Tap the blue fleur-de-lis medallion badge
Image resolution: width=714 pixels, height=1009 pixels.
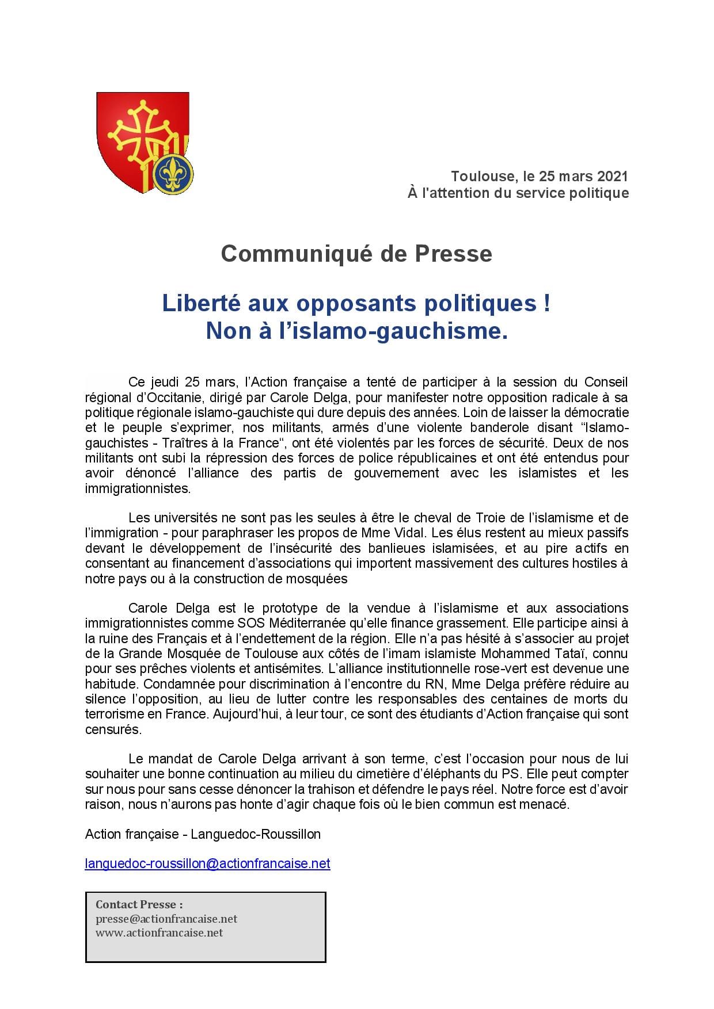[174, 173]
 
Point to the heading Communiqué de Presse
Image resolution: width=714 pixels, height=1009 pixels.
[356, 254]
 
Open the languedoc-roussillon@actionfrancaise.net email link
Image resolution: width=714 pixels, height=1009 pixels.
[207, 863]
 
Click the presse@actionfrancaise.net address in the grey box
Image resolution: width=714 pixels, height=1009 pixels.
[166, 919]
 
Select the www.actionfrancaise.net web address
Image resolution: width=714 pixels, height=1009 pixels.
[159, 932]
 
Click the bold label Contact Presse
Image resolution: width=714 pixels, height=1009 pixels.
[139, 904]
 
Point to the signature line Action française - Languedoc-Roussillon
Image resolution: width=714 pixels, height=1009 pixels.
[203, 834]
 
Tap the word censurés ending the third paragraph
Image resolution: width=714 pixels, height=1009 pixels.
[113, 729]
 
